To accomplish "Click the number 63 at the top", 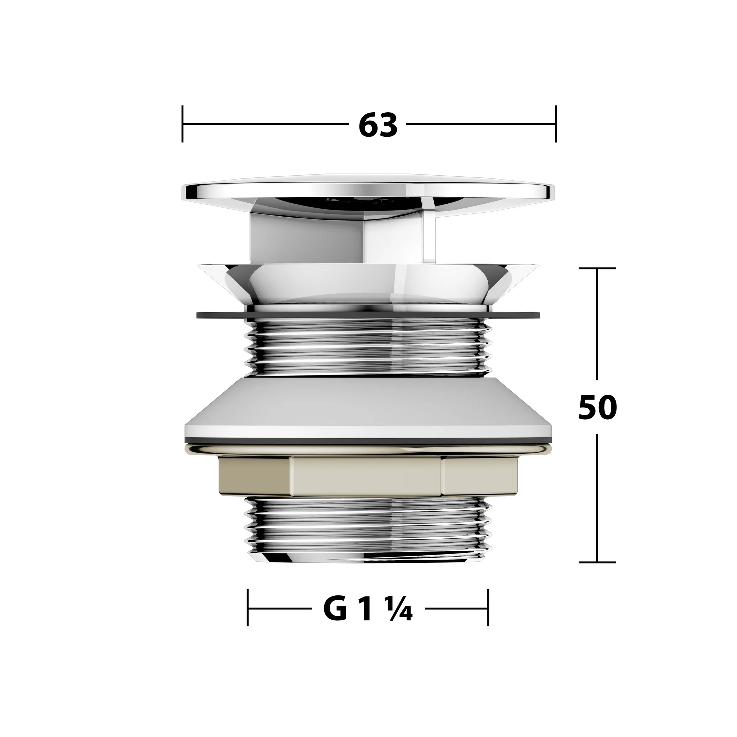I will tap(377, 125).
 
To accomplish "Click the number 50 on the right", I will tap(597, 407).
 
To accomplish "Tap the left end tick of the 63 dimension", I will tap(183, 124).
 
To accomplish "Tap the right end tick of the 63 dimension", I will tap(556, 124).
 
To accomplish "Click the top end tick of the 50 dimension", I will tap(597, 268).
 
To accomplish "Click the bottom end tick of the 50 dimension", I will tap(597, 562).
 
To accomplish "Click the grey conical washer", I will tap(368, 408).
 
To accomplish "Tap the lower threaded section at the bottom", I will tap(368, 530).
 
